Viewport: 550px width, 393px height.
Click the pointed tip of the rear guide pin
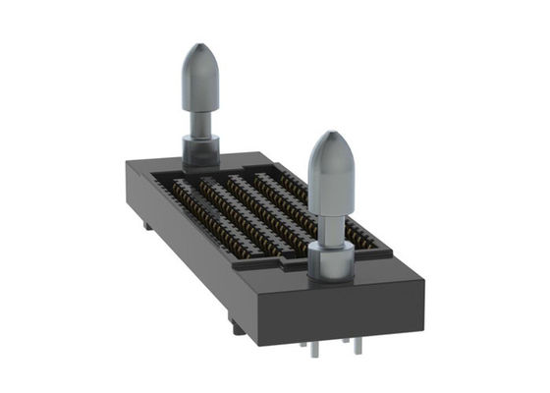point(199,46)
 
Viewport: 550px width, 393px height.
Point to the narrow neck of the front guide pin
point(331,228)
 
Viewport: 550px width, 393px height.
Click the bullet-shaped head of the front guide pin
point(329,172)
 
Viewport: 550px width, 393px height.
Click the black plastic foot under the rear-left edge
point(146,225)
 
